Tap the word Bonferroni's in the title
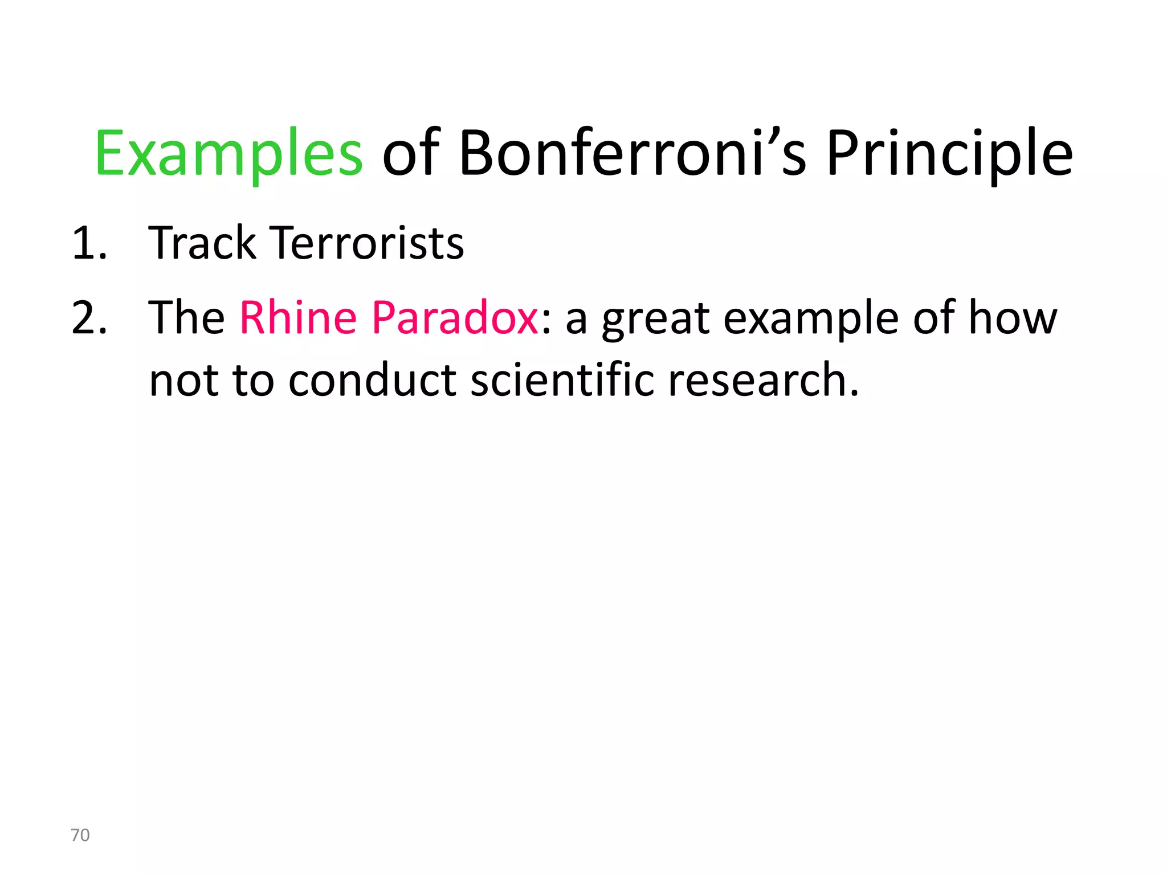point(633,153)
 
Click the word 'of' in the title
point(411,153)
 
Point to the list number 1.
point(89,244)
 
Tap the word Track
point(202,243)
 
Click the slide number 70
point(80,835)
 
